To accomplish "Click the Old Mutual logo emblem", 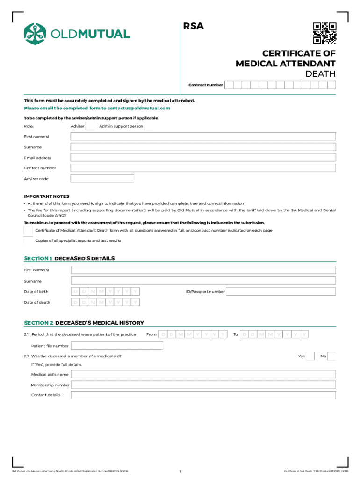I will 36,33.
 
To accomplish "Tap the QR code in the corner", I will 324,33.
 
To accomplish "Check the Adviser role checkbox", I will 91,126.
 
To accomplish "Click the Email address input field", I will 203,158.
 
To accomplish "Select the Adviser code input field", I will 102,179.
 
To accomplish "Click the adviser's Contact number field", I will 203,168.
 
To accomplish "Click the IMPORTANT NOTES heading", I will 47,196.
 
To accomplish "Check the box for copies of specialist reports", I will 29,240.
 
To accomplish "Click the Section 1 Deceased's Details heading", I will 69,258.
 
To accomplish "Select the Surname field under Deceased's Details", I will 203,281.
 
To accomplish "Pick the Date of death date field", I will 106,302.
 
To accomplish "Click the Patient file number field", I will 116,346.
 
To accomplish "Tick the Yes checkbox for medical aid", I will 310,356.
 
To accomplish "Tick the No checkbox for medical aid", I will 331,356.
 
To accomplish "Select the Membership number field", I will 203,385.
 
